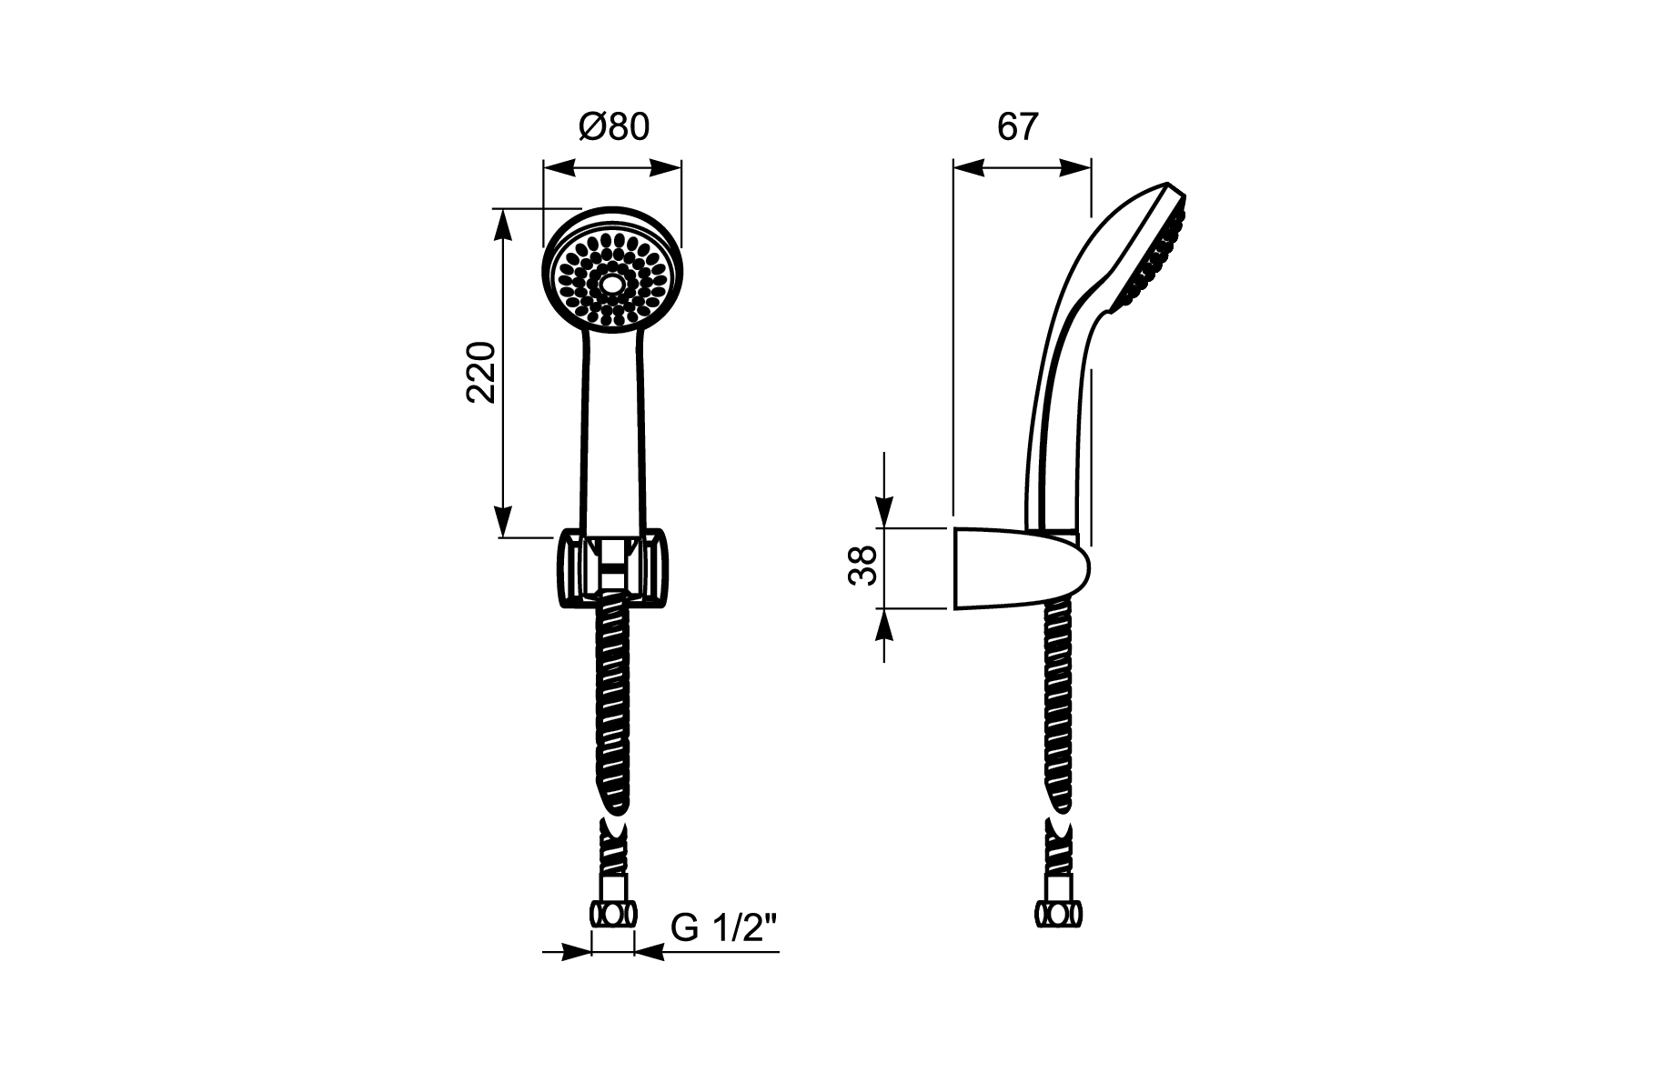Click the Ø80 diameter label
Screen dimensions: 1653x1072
click(614, 127)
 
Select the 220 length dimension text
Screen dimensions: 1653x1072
click(480, 373)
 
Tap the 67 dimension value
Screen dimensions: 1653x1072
click(1017, 127)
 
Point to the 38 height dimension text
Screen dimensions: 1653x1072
click(862, 566)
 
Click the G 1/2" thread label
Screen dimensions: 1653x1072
click(724, 928)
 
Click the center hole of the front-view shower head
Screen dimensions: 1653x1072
click(611, 286)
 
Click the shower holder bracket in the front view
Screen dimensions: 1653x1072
click(611, 566)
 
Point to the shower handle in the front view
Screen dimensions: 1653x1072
click(612, 427)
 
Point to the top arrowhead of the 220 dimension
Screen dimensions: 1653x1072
click(502, 226)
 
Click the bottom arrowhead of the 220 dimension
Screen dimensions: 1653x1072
click(502, 520)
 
